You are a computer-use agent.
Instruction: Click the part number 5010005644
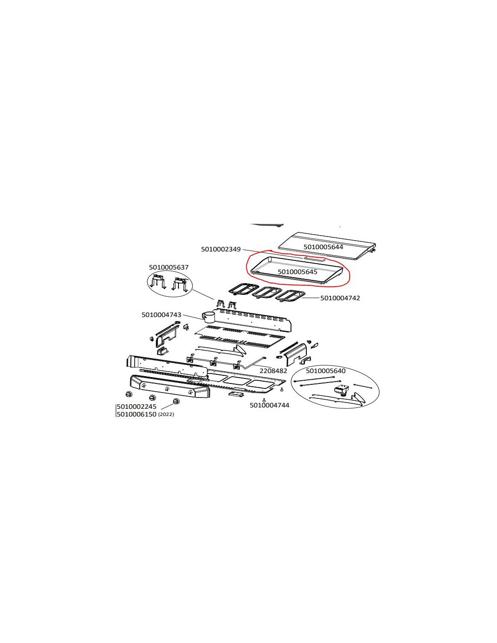pos(323,247)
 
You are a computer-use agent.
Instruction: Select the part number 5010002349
pos(221,249)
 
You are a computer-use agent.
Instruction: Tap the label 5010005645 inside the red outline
pos(297,272)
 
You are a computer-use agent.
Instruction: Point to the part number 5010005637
pos(169,267)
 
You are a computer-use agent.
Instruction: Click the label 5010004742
pos(340,298)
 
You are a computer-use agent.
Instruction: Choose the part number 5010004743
pos(161,315)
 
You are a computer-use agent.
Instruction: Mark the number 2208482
pos(273,371)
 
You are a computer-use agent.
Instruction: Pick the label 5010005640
pos(325,371)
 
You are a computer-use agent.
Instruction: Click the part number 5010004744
pos(269,405)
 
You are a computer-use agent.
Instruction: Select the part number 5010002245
pos(136,407)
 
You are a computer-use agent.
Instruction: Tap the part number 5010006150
pos(136,414)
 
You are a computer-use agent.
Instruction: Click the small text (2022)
pos(166,415)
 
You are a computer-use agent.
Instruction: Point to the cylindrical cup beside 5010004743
pos(209,317)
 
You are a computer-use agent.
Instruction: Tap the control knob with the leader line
pos(176,402)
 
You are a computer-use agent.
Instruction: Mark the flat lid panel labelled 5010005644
pos(327,246)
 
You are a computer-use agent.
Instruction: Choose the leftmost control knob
pos(129,394)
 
